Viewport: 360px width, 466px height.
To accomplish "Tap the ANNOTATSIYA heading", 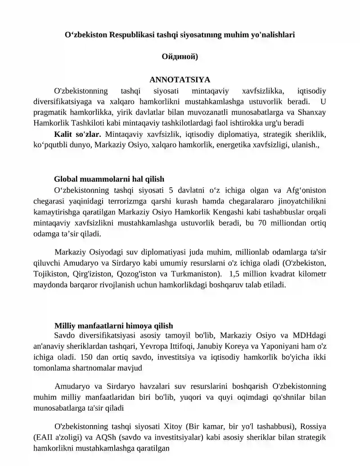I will [180, 80].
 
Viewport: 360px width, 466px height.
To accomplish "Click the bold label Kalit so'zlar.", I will [77, 134].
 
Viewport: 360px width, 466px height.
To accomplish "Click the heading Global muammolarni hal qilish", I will [109, 179].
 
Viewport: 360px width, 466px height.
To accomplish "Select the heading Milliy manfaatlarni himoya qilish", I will [113, 326].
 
